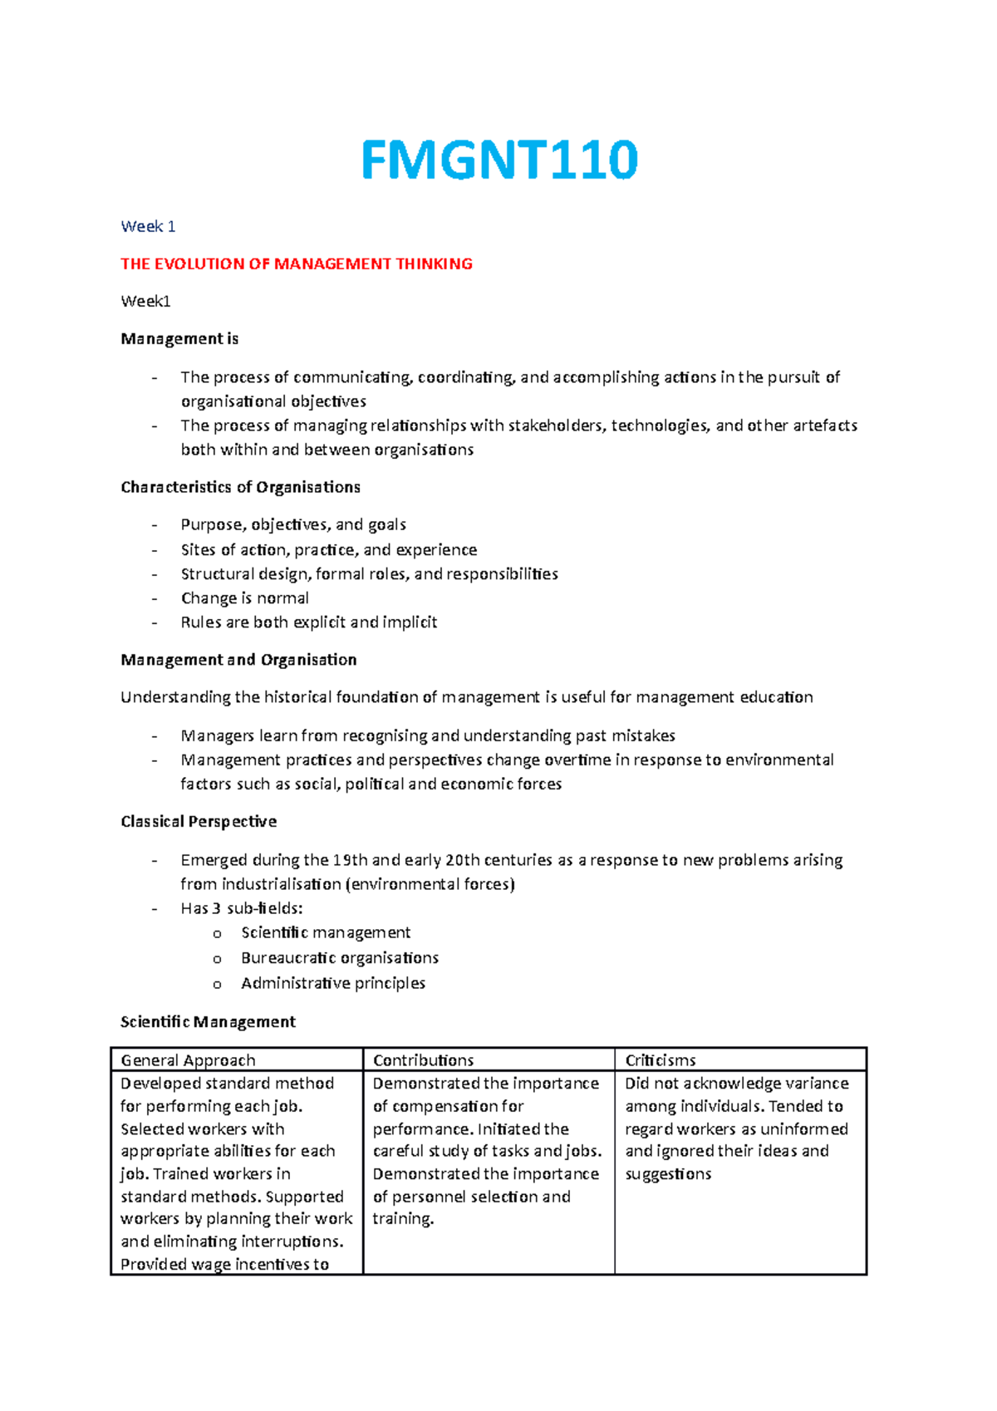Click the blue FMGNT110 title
pos(499,160)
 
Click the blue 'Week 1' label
pos(148,226)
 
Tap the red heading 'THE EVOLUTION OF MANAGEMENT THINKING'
pos(297,263)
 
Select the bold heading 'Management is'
pos(179,338)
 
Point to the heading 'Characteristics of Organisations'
pos(240,487)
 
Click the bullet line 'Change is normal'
pos(244,598)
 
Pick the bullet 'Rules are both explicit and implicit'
pos(308,622)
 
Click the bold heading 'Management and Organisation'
pos(238,660)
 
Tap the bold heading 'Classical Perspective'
pos(199,821)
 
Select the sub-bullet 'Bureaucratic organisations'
pos(339,958)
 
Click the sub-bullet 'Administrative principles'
pos(332,983)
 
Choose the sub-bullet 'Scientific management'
pos(326,932)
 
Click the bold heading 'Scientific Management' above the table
pos(208,1021)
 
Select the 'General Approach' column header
pos(188,1060)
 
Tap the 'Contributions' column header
pos(423,1060)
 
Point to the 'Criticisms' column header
pos(661,1060)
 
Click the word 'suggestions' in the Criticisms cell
pos(668,1174)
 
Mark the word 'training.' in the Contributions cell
pos(403,1219)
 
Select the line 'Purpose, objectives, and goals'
pos(293,524)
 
